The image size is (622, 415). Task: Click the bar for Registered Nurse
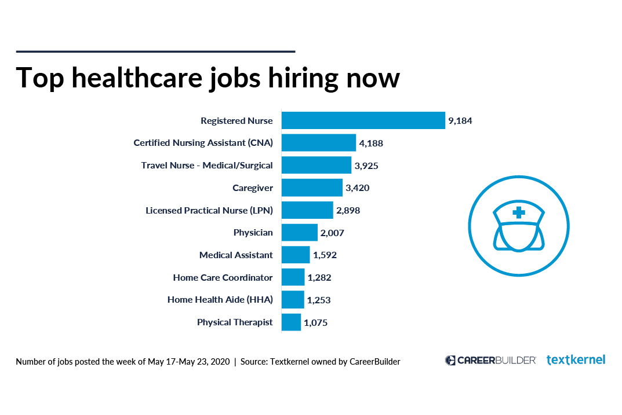[x=363, y=120]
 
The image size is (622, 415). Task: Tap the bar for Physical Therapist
[x=291, y=322]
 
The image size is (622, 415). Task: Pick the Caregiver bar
[x=312, y=188]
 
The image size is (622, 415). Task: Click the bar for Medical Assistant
[x=296, y=255]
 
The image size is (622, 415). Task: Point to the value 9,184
[x=460, y=121]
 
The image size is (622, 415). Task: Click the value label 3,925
[x=366, y=166]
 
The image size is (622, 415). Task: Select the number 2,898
[x=348, y=211]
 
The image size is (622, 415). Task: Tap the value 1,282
[x=319, y=278]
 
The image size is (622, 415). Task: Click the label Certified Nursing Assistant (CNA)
[x=203, y=143]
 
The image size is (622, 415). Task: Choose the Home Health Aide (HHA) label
[x=220, y=300]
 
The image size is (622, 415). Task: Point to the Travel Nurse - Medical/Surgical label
[x=206, y=166]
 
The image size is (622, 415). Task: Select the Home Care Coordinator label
[x=223, y=278]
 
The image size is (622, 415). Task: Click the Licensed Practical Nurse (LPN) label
[x=209, y=210]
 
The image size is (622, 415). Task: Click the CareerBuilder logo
[x=490, y=360]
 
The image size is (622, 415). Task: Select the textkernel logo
[x=576, y=360]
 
